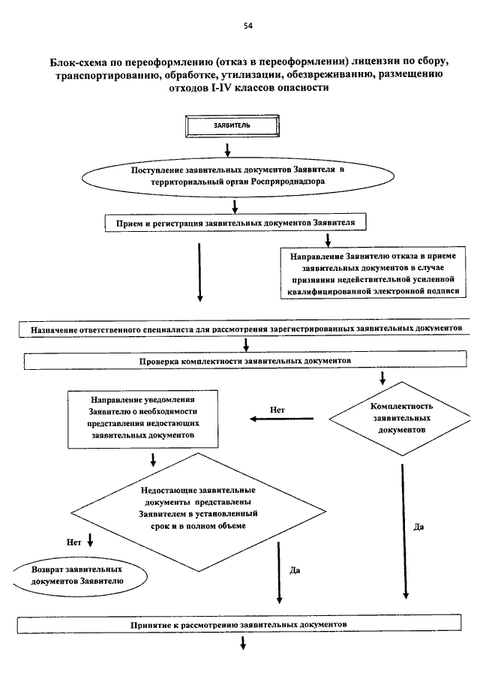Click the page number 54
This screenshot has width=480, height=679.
(x=247, y=26)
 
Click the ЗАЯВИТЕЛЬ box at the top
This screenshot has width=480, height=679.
(x=232, y=126)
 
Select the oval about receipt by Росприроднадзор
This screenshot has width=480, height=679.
(x=238, y=176)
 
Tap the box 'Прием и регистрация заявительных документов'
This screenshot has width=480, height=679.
(x=235, y=223)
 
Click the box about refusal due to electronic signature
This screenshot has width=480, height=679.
(x=373, y=273)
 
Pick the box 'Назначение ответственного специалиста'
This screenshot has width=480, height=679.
(x=244, y=329)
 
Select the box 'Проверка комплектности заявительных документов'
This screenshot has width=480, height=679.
(x=245, y=361)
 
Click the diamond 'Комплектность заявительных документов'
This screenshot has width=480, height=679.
(x=400, y=419)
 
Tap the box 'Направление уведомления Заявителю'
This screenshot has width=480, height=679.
(x=142, y=419)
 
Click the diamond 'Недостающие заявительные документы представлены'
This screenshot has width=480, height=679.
(x=198, y=512)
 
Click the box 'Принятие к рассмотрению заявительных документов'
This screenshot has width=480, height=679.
(x=239, y=624)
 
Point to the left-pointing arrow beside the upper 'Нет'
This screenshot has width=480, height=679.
(x=282, y=419)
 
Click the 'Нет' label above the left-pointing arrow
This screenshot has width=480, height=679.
(x=277, y=410)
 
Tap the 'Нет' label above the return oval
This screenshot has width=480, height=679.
(x=74, y=542)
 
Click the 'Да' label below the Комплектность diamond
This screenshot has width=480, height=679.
(x=418, y=527)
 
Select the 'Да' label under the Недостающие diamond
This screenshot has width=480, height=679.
(x=295, y=570)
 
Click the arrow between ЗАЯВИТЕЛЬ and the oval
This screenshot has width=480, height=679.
(x=227, y=149)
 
